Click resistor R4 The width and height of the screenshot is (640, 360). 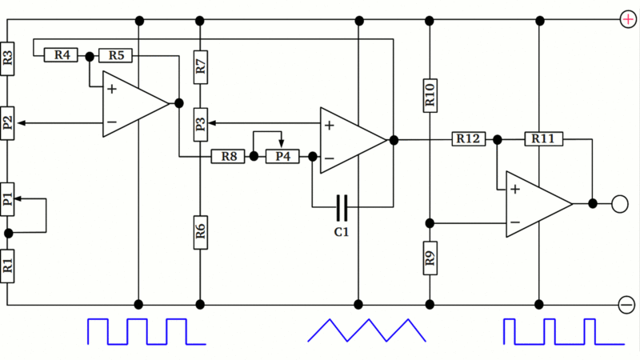(x=62, y=55)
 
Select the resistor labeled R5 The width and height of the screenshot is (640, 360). (x=116, y=55)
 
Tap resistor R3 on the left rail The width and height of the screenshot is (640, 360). (x=8, y=58)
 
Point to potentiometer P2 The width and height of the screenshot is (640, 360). (x=8, y=123)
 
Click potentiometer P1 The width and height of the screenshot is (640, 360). (x=8, y=199)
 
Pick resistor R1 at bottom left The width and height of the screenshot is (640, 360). (x=8, y=265)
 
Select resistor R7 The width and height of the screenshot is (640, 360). (x=201, y=68)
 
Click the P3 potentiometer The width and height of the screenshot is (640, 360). (x=201, y=123)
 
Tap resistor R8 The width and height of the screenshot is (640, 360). (x=230, y=157)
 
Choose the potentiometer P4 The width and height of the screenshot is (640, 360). (x=282, y=157)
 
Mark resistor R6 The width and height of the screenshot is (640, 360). (x=201, y=231)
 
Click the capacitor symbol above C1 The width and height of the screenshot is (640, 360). (x=342, y=207)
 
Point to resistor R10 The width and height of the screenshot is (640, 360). (x=430, y=96)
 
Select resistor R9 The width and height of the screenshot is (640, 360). (x=430, y=258)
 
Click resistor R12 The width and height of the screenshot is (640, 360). (x=470, y=139)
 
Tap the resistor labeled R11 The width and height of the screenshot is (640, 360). (x=543, y=139)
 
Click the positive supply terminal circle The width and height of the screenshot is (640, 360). (x=626, y=19)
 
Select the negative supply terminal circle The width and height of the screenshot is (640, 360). (x=626, y=304)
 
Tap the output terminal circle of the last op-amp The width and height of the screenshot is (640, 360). (x=619, y=204)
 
